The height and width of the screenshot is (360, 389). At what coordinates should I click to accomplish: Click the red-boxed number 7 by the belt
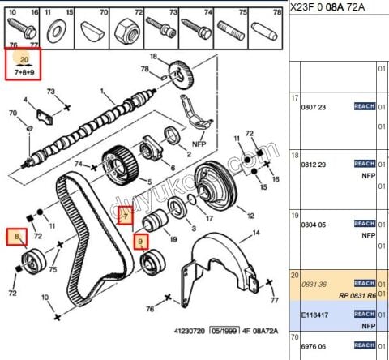125,215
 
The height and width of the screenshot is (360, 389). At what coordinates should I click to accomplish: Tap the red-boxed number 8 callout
15,237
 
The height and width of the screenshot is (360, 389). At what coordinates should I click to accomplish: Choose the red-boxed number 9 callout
141,242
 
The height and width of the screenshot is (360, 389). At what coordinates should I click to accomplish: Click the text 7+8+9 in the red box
24,72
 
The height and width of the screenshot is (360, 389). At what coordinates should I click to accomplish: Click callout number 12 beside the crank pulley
250,216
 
